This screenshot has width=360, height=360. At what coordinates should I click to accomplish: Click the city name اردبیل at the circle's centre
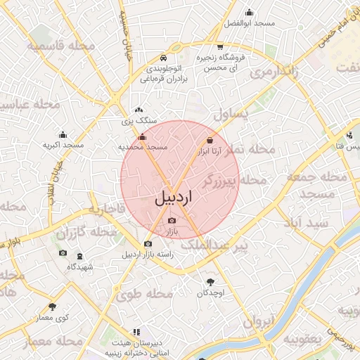[x=172, y=199]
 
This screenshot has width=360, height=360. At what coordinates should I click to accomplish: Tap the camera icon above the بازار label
[x=172, y=221]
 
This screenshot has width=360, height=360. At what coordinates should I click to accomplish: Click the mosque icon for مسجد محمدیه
[x=143, y=138]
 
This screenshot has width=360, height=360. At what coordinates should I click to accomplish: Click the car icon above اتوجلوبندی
[x=163, y=57]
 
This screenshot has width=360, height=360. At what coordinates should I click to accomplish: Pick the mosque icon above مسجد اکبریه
[x=63, y=134]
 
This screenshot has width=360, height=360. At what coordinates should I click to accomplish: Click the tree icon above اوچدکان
[x=210, y=281]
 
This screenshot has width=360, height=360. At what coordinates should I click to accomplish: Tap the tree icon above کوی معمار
[x=52, y=307]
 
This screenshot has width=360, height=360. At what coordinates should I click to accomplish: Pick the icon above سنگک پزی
[x=139, y=110]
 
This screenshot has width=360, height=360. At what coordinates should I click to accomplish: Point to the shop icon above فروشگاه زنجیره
[x=220, y=46]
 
